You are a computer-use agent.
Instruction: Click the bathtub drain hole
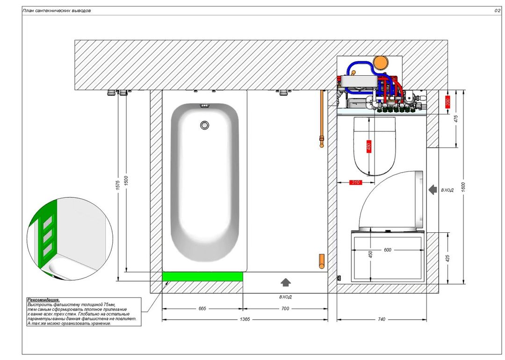[204, 125]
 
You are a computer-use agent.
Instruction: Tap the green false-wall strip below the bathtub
[202, 276]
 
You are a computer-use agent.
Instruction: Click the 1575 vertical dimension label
[118, 185]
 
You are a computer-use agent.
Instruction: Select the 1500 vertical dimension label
[126, 181]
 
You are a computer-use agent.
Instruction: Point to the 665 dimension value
[202, 309]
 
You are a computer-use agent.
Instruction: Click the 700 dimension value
[285, 309]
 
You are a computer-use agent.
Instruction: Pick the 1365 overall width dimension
[245, 319]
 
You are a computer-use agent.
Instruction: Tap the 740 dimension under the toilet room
[382, 319]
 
